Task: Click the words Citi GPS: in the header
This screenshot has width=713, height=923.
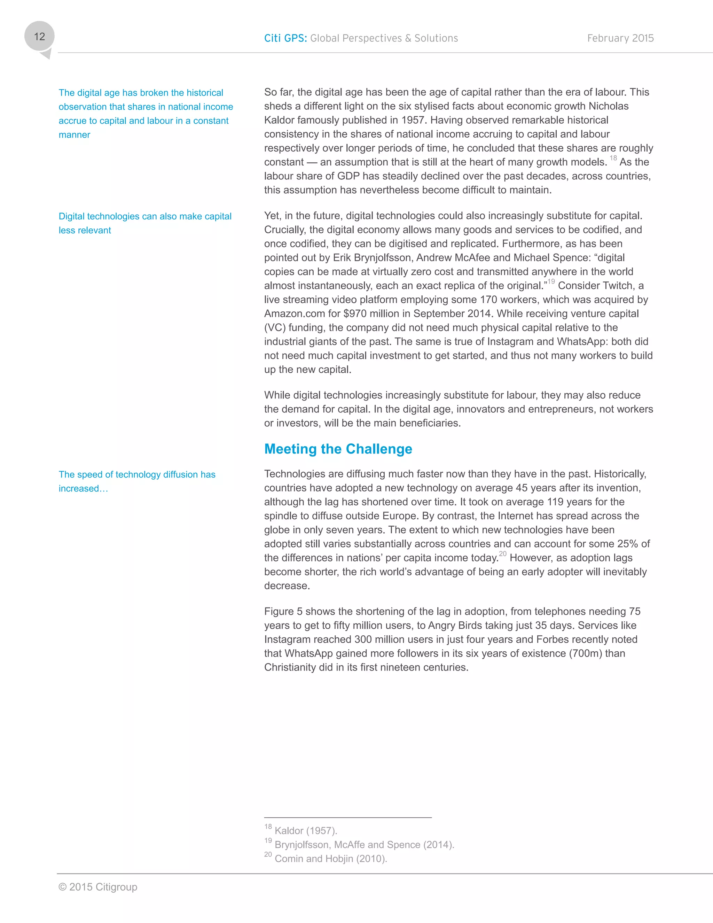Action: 285,38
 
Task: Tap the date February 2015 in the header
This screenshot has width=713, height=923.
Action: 620,38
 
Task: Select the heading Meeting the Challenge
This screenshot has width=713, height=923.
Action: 338,449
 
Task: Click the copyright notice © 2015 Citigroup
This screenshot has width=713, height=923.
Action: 98,887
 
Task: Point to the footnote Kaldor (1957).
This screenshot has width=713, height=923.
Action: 305,831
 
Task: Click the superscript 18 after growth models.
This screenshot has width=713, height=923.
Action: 613,158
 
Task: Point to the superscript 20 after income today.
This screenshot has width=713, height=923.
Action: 502,554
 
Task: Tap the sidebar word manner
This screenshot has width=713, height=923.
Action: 75,135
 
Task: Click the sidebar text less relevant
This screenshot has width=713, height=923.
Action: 85,230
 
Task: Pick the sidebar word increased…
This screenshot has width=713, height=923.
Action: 83,489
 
